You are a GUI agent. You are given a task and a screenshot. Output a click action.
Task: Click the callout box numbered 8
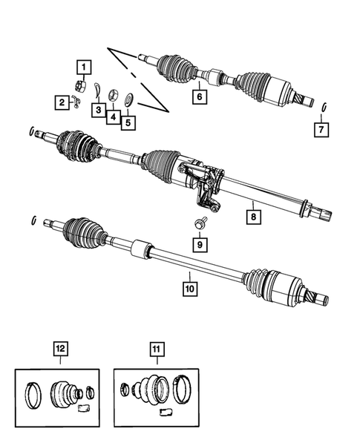[199, 95]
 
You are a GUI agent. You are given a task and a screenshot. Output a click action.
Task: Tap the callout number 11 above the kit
[199, 243]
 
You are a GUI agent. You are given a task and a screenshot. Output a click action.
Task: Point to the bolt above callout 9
[59, 347]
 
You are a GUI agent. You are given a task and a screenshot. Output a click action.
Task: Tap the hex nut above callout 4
[114, 94]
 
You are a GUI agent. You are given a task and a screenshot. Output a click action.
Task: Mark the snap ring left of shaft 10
[35, 219]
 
